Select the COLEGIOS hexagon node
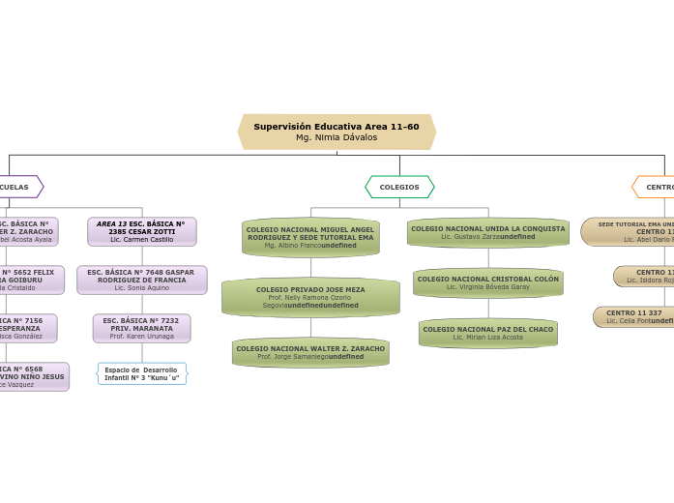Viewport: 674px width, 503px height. pos(399,187)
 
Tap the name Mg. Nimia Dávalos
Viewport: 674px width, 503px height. pos(337,137)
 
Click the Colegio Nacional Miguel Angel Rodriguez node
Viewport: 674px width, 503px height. pos(310,237)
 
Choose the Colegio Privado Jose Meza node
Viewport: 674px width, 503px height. pos(310,297)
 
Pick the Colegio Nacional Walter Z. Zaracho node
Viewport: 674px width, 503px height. pos(310,352)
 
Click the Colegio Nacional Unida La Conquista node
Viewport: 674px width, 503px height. pos(487,232)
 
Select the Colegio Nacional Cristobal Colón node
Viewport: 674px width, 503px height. pos(487,282)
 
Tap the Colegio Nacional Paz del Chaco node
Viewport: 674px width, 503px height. pos(487,333)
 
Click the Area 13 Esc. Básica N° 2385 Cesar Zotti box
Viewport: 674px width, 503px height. pos(142,231)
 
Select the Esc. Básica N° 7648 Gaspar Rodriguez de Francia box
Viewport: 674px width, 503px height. pos(142,280)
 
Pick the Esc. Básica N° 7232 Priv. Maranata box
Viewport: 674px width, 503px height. pos(142,328)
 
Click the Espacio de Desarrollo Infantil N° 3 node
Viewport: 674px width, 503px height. pos(142,373)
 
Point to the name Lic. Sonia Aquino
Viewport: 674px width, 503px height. pos(142,288)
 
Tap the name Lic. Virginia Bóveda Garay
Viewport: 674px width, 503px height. pos(487,287)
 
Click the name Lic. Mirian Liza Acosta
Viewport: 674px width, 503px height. pos(487,338)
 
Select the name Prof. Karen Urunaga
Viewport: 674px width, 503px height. pos(142,337)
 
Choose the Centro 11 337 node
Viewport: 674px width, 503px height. pos(634,316)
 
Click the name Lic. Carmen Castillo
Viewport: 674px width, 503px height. pos(142,240)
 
